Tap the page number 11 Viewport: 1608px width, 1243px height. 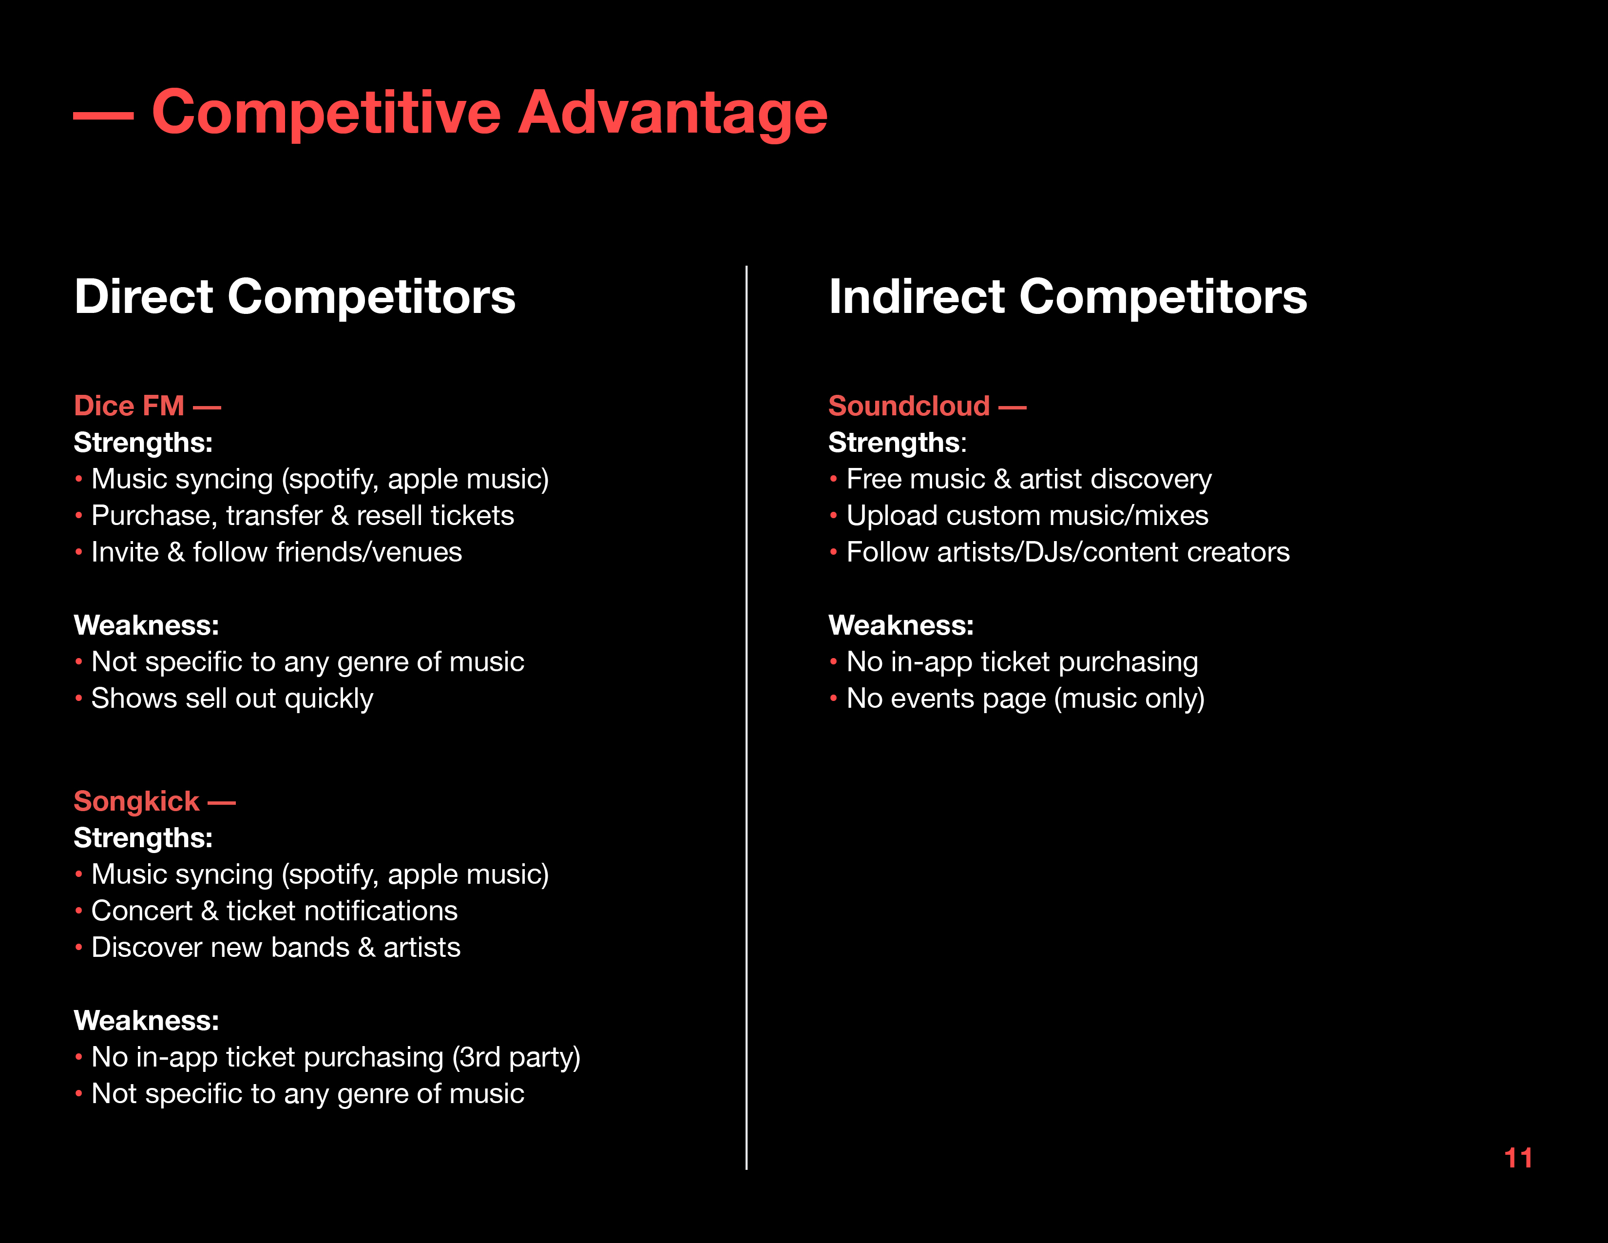click(1518, 1158)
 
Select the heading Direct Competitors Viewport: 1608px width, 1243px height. click(294, 297)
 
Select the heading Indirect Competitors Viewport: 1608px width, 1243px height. click(1068, 297)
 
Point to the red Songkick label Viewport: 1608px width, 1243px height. click(137, 801)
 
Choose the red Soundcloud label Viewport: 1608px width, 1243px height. click(909, 406)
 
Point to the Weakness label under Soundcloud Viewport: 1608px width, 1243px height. click(901, 625)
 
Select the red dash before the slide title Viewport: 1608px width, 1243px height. click(104, 116)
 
